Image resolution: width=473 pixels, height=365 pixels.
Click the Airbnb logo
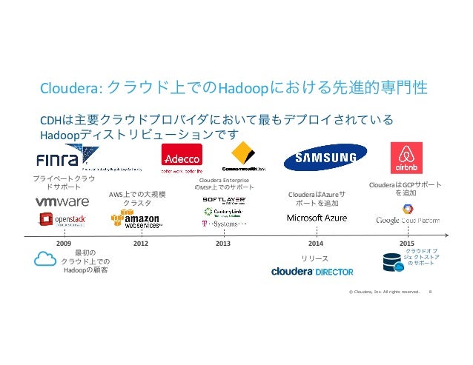point(406,158)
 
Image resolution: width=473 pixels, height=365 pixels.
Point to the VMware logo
point(62,201)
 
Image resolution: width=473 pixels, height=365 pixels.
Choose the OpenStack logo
point(63,220)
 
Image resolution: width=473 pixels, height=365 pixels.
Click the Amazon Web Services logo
point(136,220)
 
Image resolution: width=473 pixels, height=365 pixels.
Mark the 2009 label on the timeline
point(64,243)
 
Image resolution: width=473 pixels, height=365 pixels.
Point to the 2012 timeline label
point(141,243)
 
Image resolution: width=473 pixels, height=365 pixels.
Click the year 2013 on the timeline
point(222,243)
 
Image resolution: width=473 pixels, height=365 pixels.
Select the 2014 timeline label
point(316,243)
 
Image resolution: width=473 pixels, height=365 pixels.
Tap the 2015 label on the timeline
point(406,243)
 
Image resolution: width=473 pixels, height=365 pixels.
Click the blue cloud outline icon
point(46,260)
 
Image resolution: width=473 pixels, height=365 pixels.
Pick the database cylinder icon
point(391,261)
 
